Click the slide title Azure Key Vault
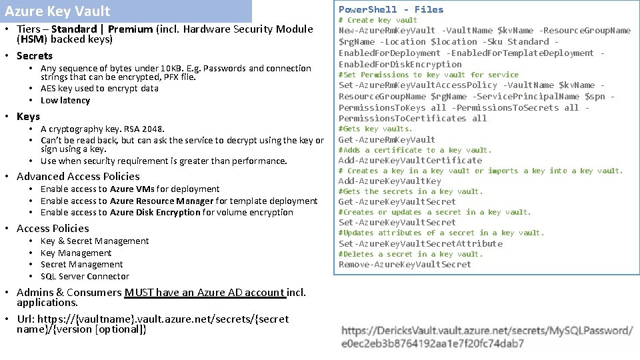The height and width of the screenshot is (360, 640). point(57,11)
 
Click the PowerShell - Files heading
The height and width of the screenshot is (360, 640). point(391,9)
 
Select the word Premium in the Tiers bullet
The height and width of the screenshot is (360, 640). point(131,29)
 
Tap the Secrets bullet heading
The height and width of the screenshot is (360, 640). point(35,55)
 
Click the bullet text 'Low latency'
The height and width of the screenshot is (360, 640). point(65,100)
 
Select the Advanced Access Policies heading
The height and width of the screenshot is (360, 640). point(78,176)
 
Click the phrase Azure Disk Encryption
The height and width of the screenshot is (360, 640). point(155,212)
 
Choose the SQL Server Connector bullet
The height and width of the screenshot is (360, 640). point(85,276)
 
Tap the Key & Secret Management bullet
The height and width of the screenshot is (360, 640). point(95,241)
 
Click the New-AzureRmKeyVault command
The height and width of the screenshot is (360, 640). point(387,30)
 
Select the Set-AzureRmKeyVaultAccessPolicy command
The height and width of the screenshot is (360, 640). point(418,85)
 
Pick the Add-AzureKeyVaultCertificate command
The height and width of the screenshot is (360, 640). point(410,160)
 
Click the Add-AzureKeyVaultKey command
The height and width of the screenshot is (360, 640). point(390,181)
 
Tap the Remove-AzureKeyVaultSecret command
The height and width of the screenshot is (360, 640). point(405,264)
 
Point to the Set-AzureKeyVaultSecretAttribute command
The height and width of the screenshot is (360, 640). point(421,243)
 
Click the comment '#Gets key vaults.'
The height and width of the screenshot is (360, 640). point(375,129)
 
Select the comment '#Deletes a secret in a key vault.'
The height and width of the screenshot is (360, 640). point(410,254)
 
